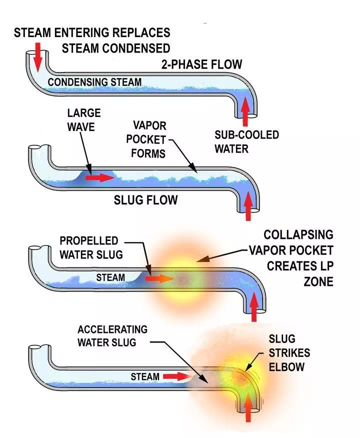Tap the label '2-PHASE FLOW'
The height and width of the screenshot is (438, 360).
pos(202,64)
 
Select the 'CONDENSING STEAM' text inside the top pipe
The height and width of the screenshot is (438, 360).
pos(94,81)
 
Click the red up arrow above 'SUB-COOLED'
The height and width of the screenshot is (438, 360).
pos(245,111)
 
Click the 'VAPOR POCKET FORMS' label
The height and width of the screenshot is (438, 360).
pos(148,138)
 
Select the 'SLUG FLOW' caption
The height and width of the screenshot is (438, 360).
pos(145,200)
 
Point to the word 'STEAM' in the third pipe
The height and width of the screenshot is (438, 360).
pos(110,276)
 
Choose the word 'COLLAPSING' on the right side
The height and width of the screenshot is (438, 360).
pos(298,234)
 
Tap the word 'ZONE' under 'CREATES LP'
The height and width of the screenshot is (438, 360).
pos(318,282)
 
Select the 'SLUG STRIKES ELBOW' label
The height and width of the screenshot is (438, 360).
pos(288,352)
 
